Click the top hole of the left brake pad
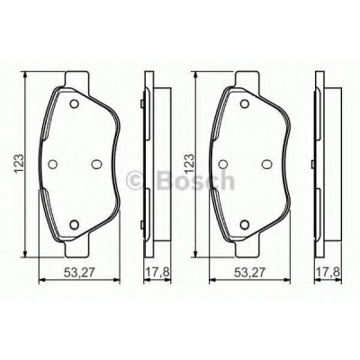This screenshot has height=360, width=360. coord(74,103)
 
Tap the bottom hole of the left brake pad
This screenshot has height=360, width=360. coord(74,224)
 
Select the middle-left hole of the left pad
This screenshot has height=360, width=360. coord(53,164)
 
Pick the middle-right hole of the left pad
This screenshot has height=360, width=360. coord(96,164)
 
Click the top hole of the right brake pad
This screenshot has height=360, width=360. coord(245,103)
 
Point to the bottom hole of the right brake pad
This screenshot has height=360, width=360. coord(245,224)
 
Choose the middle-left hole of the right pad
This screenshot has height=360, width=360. coord(223,164)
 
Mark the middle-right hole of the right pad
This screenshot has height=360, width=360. coord(266,164)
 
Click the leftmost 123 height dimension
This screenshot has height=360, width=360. coord(20,164)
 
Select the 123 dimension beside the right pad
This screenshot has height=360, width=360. coord(190,164)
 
